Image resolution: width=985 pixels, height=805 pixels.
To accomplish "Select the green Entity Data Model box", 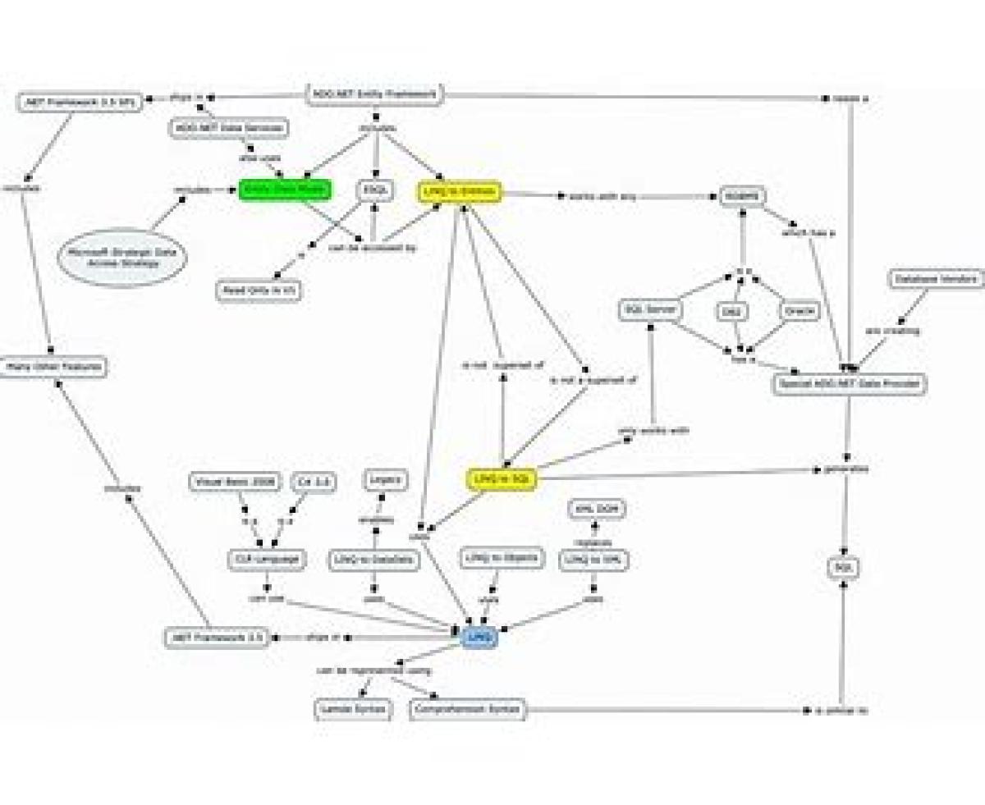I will click(285, 190).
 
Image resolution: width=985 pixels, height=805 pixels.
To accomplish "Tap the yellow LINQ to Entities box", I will click(459, 192).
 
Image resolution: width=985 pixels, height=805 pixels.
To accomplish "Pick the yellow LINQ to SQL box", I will click(501, 479).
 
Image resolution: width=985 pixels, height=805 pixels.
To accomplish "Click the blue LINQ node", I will click(479, 637).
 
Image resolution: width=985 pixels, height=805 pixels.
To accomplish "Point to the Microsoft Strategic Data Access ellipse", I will click(123, 257).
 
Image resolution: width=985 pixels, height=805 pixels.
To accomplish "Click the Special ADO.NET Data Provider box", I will click(849, 383).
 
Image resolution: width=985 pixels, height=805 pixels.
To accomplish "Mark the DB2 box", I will click(730, 312).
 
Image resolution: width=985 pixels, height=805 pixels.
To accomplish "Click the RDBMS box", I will click(742, 196).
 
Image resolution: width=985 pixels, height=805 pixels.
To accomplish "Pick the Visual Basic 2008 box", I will click(235, 482).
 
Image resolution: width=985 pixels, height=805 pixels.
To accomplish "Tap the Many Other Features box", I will click(54, 367).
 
